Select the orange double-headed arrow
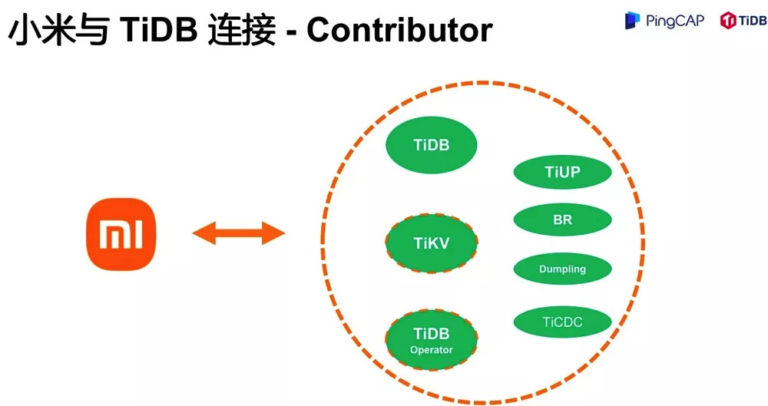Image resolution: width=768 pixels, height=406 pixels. click(x=238, y=233)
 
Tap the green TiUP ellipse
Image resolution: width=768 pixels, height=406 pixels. click(x=562, y=172)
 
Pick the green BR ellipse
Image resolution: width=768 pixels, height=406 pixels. click(x=562, y=220)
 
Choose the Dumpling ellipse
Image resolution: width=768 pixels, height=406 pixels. click(x=562, y=269)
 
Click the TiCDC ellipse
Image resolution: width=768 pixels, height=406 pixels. click(x=562, y=322)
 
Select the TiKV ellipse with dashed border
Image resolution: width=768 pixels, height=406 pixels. click(x=431, y=243)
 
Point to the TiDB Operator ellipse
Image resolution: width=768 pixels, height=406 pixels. click(x=431, y=340)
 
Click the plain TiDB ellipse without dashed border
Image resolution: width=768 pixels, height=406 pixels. click(x=431, y=144)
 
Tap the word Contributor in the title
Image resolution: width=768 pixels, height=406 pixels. click(x=400, y=30)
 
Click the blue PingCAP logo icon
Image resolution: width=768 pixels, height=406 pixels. click(x=632, y=21)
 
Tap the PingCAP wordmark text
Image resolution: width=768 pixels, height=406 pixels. click(x=674, y=21)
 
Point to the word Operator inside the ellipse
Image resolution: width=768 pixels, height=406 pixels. click(x=431, y=350)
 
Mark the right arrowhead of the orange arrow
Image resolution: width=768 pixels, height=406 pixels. click(x=274, y=233)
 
